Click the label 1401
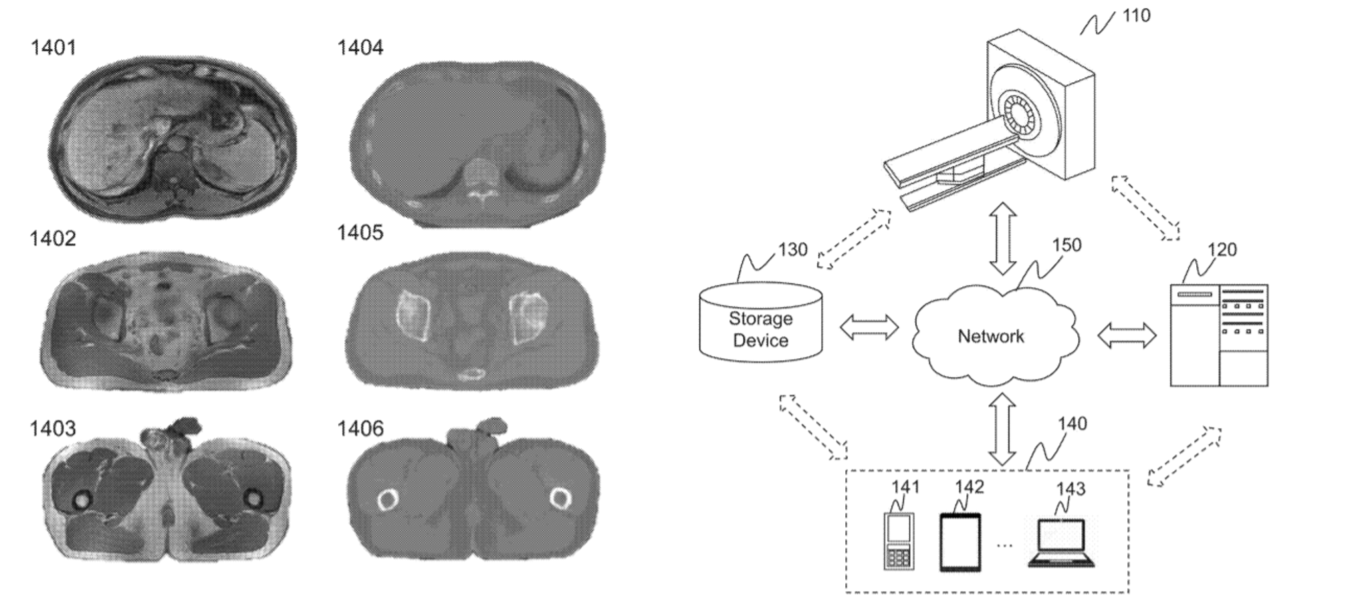pyautogui.click(x=53, y=47)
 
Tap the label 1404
pyautogui.click(x=360, y=47)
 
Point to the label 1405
pyautogui.click(x=360, y=233)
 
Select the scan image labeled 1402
pyautogui.click(x=166, y=321)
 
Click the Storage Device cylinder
pyautogui.click(x=761, y=324)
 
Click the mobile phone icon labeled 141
pyautogui.click(x=899, y=541)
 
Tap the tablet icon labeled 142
pyautogui.click(x=960, y=542)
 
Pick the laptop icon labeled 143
pyautogui.click(x=1061, y=544)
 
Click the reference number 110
pyautogui.click(x=1136, y=15)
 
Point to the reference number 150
pyautogui.click(x=1066, y=245)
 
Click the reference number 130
pyautogui.click(x=792, y=250)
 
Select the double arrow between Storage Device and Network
pyautogui.click(x=869, y=327)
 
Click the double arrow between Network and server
pyautogui.click(x=1127, y=335)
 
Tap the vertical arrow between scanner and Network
pyautogui.click(x=1003, y=239)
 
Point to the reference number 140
pyautogui.click(x=1072, y=424)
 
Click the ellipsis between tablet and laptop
pyautogui.click(x=1004, y=545)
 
